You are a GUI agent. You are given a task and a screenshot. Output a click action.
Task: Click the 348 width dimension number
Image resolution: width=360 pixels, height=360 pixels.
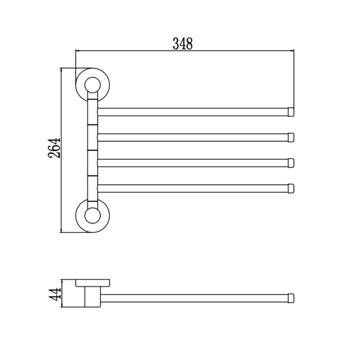(x=183, y=44)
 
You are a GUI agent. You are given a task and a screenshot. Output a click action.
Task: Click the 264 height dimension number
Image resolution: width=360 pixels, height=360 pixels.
(x=54, y=148)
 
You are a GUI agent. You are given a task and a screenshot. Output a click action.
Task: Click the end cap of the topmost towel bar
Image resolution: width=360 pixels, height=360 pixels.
(x=291, y=112)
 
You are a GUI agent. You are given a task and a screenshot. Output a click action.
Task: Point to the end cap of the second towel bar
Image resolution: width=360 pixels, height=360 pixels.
(x=291, y=138)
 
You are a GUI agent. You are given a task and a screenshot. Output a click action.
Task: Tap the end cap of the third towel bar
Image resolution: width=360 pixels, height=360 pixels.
(x=291, y=163)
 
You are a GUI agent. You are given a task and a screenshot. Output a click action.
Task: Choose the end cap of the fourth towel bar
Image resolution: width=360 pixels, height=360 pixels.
(x=291, y=189)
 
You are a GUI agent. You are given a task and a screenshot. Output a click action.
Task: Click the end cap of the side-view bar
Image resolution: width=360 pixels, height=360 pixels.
(x=291, y=298)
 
